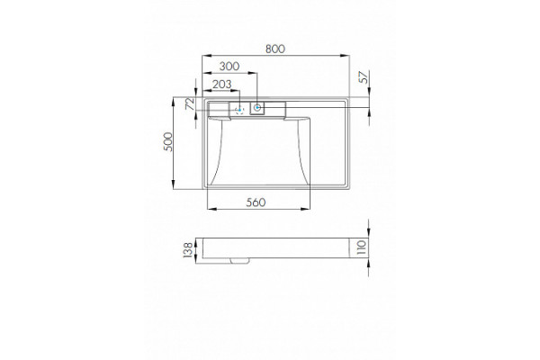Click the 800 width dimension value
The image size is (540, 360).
point(275,49)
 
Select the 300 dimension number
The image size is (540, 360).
point(229,66)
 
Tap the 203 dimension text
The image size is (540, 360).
point(221,85)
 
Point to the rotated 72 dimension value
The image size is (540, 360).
point(191,103)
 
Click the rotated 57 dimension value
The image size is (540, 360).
point(364,76)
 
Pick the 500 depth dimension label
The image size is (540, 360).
point(168,141)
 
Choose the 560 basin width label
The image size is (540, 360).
point(256,202)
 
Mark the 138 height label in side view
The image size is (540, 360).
point(188,250)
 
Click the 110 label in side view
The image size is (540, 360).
point(361,247)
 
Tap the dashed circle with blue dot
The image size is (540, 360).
point(239,110)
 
